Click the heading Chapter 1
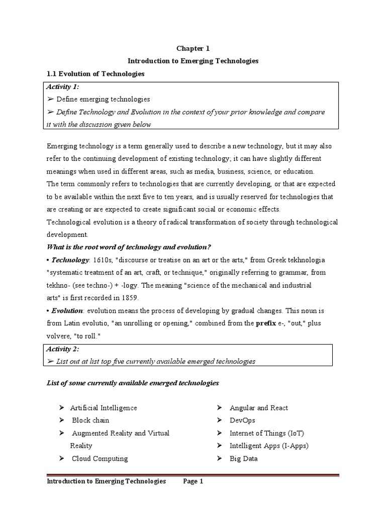(x=192, y=48)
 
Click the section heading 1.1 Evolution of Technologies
(x=95, y=73)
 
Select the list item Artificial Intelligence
(x=104, y=408)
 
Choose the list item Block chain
(x=90, y=420)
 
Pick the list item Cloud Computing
(x=100, y=458)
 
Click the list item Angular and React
(x=259, y=408)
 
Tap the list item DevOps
(x=242, y=420)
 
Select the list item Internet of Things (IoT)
(x=267, y=433)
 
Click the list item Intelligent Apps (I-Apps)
(x=269, y=446)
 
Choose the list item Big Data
(x=244, y=458)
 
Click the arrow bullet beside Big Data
(x=220, y=459)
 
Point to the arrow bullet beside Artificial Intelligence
(x=61, y=408)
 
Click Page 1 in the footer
(x=193, y=481)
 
